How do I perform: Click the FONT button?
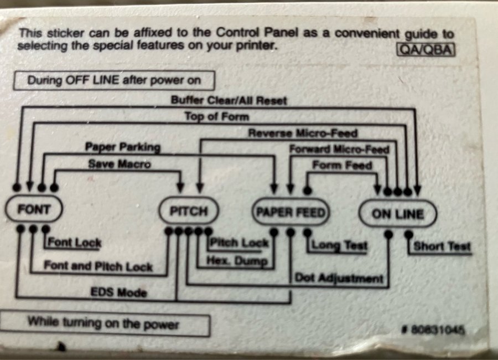34,210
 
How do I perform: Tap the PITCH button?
188,212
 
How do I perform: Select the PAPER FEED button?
289,212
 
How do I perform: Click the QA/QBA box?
426,50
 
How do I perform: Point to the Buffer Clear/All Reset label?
229,101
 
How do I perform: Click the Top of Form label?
216,117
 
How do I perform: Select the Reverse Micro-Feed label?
303,133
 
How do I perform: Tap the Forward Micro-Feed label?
339,149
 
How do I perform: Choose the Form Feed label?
342,165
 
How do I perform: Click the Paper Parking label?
122,147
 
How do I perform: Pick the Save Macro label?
119,164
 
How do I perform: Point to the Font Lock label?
75,243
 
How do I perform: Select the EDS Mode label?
119,292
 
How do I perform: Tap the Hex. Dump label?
236,260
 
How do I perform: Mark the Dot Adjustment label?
338,277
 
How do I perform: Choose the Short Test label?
442,246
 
